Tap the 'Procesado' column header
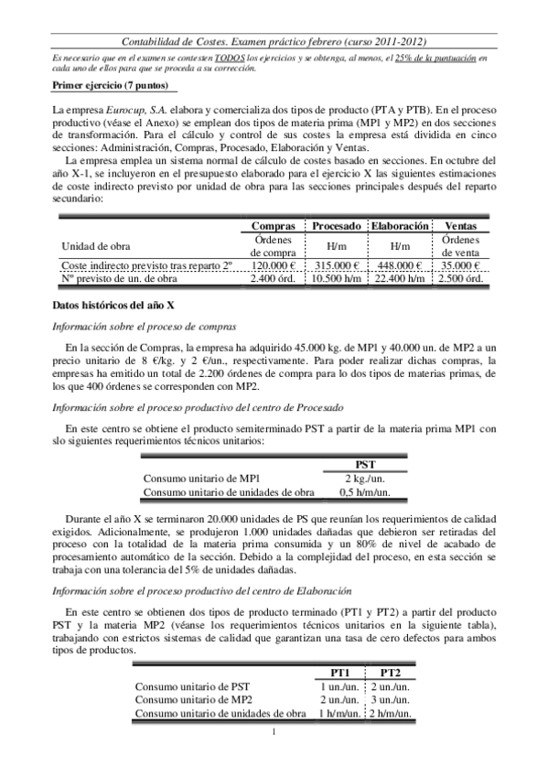coord(337,225)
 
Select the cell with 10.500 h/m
coord(337,278)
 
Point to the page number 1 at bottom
coord(274,731)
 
